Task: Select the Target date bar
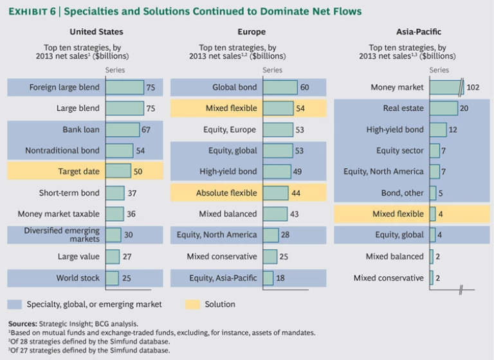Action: (118, 172)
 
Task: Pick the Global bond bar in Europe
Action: (280, 87)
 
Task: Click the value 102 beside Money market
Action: (472, 87)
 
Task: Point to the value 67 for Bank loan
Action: (146, 130)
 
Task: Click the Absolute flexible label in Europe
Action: (226, 193)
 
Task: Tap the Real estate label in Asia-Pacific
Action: (403, 109)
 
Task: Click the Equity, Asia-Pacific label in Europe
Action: (223, 278)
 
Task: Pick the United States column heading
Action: (96, 32)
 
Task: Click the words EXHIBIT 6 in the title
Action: (32, 11)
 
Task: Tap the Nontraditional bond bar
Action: (120, 150)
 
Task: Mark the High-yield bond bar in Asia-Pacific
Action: (437, 130)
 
